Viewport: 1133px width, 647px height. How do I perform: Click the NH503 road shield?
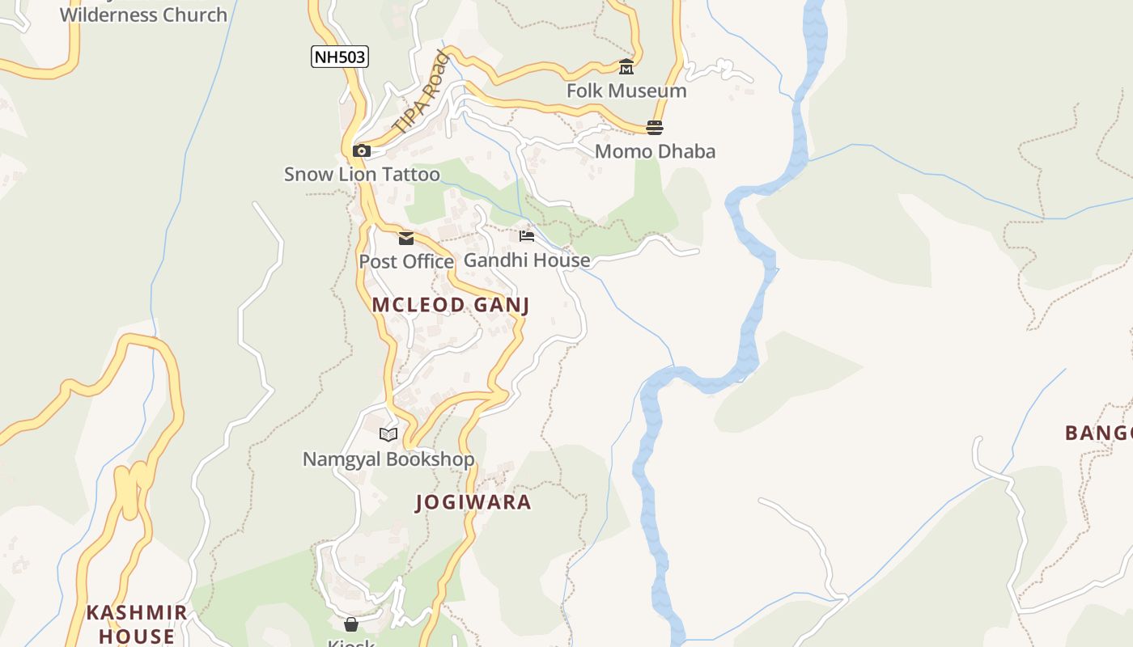340,57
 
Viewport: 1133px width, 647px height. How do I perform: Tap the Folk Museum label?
626,91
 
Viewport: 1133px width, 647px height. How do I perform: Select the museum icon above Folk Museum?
626,67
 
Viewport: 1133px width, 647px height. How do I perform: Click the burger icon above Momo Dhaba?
655,128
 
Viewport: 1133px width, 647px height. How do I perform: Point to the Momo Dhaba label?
655,151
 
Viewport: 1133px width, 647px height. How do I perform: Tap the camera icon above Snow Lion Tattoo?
362,150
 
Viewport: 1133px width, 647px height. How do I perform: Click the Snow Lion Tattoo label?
362,174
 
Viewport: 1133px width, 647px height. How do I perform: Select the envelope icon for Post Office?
406,238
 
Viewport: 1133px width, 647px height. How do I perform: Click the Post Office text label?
406,261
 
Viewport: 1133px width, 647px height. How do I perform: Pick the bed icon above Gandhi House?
527,236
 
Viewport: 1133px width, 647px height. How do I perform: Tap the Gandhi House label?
527,260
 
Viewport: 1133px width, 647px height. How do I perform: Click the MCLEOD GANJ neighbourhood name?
451,305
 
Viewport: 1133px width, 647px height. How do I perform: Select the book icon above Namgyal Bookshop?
388,435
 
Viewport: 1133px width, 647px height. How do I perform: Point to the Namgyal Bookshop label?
388,459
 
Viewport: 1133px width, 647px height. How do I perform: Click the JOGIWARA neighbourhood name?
473,502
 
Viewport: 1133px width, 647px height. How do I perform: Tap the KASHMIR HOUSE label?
137,624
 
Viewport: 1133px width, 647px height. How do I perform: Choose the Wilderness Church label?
143,15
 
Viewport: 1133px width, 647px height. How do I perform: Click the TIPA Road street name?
421,93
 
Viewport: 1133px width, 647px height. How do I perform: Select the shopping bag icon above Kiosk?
351,624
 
